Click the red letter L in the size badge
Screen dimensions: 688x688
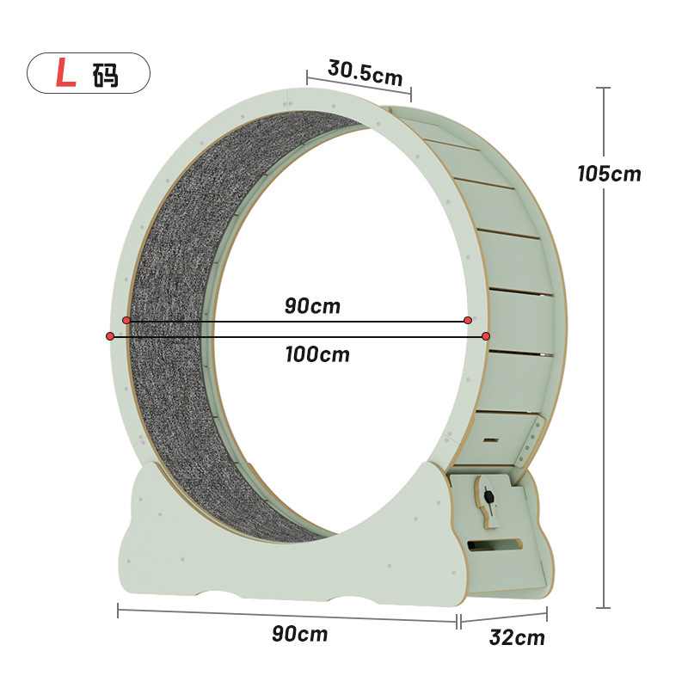click(66, 72)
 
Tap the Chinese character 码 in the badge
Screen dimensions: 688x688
click(105, 75)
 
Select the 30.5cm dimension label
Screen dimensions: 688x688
click(365, 73)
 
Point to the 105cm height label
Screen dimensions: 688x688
click(609, 174)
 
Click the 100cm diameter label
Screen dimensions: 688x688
click(317, 354)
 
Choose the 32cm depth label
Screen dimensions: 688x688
click(517, 637)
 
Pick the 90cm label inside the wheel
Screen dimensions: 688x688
click(312, 305)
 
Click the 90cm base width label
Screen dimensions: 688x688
click(299, 634)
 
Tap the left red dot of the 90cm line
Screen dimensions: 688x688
click(126, 320)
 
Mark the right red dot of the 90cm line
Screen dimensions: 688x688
click(468, 320)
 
